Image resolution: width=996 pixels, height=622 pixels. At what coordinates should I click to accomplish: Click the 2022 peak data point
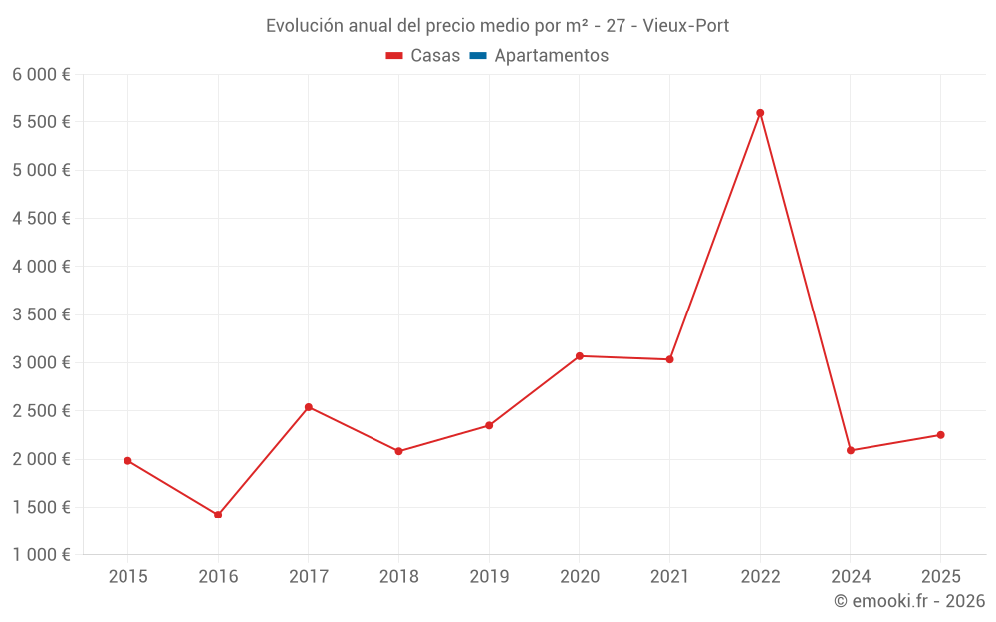pyautogui.click(x=760, y=113)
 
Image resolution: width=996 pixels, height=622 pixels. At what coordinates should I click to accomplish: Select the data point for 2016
pyautogui.click(x=218, y=515)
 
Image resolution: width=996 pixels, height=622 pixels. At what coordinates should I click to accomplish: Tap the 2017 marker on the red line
pyautogui.click(x=309, y=407)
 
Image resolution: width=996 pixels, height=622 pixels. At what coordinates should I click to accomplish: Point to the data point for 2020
pyautogui.click(x=579, y=356)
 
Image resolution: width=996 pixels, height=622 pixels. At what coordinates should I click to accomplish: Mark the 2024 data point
pyautogui.click(x=851, y=450)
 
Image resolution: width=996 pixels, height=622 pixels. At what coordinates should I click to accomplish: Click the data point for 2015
pyautogui.click(x=127, y=461)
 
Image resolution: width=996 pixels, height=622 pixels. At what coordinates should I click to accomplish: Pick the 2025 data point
pyautogui.click(x=940, y=435)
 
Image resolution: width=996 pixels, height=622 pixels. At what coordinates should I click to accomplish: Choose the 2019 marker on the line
pyautogui.click(x=489, y=425)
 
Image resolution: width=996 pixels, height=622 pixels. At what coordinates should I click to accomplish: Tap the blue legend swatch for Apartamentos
pyautogui.click(x=477, y=56)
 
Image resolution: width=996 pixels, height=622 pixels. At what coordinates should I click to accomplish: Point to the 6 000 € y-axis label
pyautogui.click(x=41, y=75)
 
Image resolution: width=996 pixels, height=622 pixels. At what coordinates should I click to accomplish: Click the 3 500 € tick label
pyautogui.click(x=41, y=314)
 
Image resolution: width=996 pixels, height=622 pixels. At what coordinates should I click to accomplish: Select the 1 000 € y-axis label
pyautogui.click(x=41, y=555)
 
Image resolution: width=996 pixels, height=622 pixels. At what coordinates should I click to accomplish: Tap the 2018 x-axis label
pyautogui.click(x=398, y=576)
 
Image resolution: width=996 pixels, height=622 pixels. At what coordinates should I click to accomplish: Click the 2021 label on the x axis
pyautogui.click(x=669, y=576)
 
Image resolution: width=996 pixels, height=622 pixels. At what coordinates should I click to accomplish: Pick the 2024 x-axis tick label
pyautogui.click(x=851, y=576)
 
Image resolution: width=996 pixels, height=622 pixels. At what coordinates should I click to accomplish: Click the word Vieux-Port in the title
pyautogui.click(x=686, y=26)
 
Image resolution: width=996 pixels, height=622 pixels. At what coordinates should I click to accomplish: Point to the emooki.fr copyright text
pyautogui.click(x=908, y=601)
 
